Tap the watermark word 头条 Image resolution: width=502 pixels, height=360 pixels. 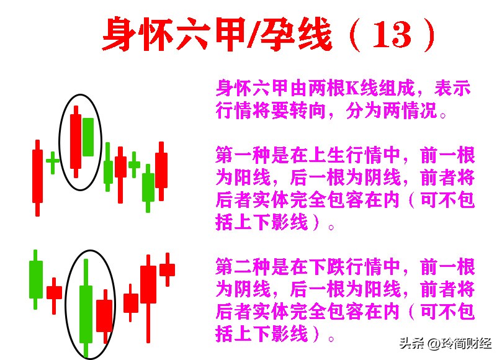tap(410, 343)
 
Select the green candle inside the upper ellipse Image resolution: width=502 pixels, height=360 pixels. tap(88, 137)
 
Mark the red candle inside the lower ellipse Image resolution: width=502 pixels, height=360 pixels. tap(104, 315)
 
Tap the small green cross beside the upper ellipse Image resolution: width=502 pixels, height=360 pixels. tap(53, 161)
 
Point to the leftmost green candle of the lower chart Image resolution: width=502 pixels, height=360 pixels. tap(36, 279)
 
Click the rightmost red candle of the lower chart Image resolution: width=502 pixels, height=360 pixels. tap(167, 269)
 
